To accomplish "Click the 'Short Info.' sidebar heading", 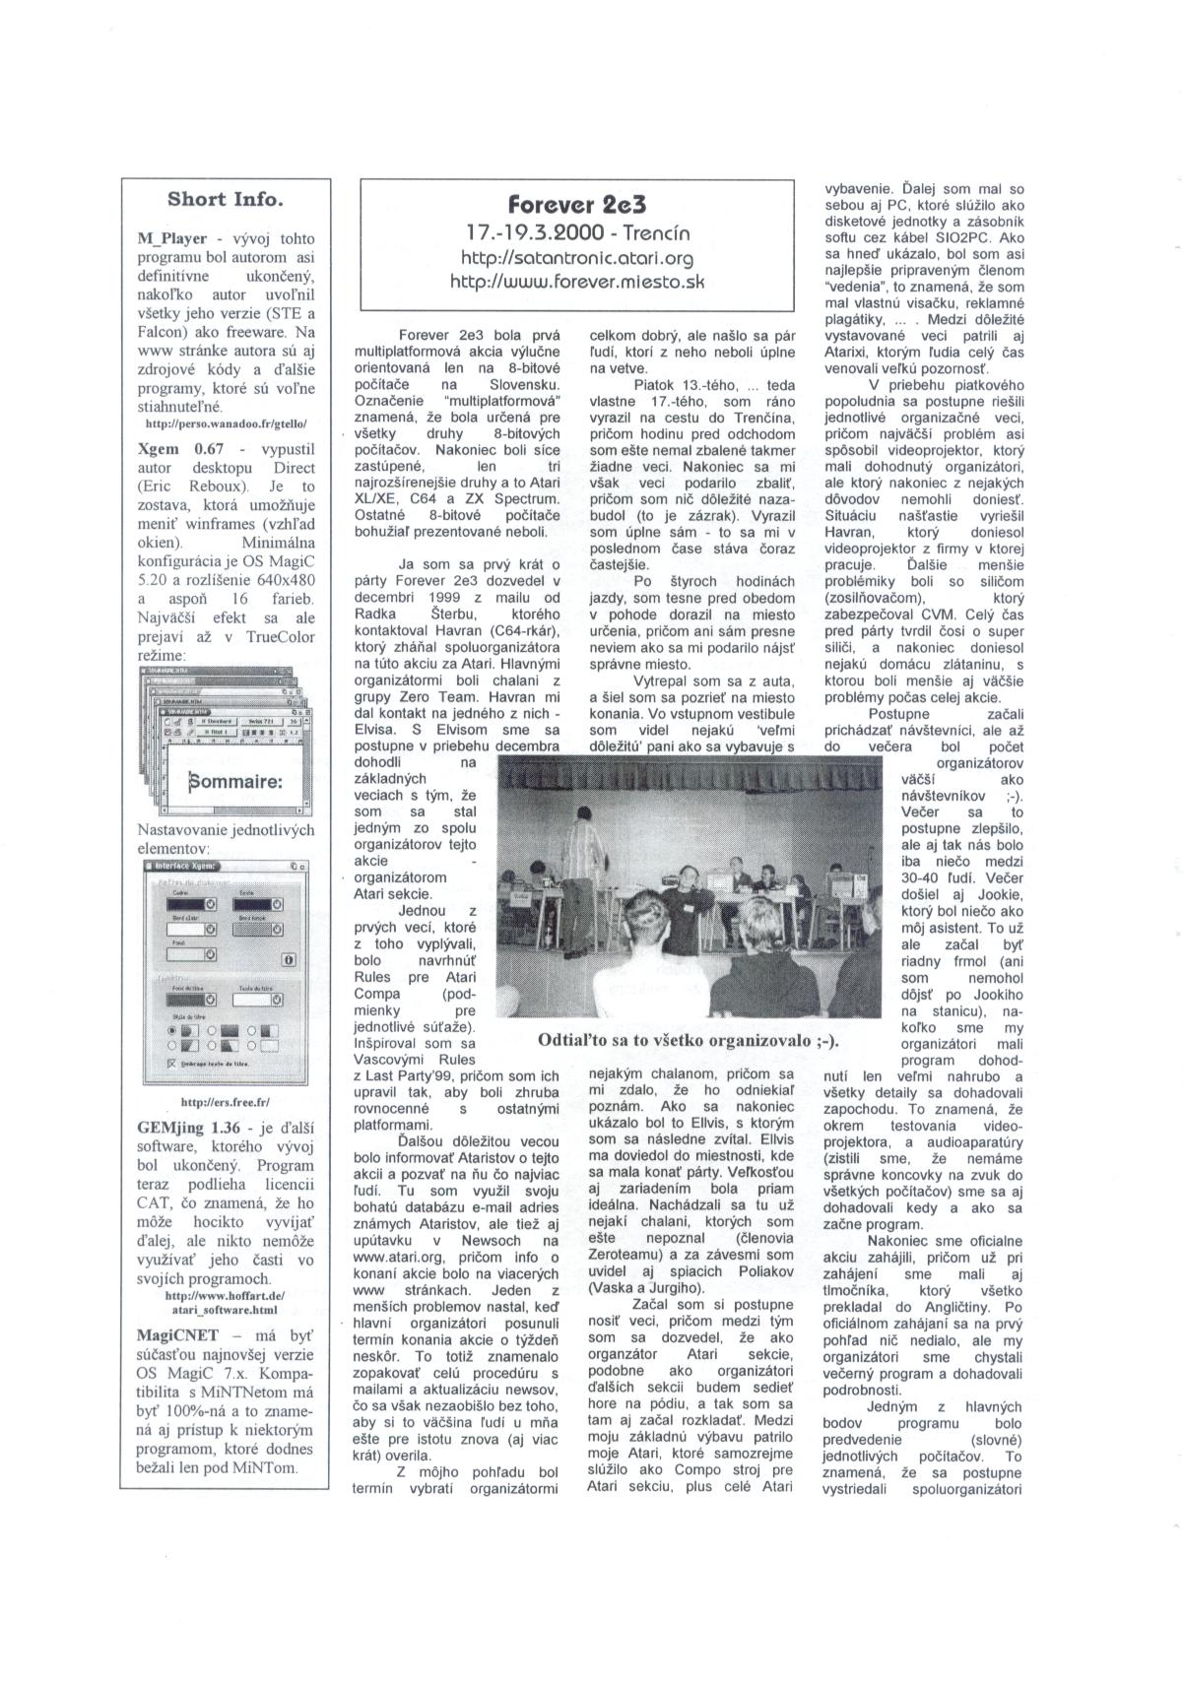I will click(x=226, y=200).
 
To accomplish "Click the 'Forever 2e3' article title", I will click(x=576, y=205).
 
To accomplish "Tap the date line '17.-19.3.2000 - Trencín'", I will click(x=576, y=233).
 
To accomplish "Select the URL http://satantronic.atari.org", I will click(x=577, y=258).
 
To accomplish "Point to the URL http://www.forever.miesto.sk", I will click(x=577, y=282).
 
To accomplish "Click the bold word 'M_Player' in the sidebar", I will click(x=172, y=238).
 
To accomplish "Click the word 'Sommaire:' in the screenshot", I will click(x=235, y=782).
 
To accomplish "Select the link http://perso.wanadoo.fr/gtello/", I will click(x=226, y=424).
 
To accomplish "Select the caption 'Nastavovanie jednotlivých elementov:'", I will click(x=226, y=838).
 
